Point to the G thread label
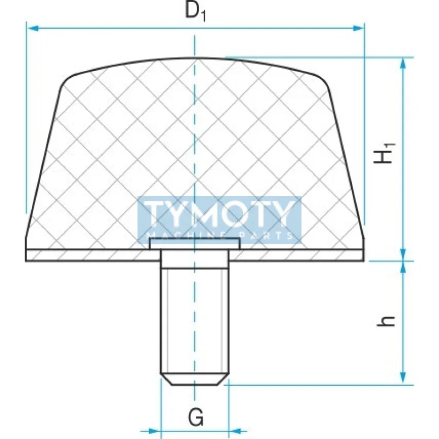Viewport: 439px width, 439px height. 195,418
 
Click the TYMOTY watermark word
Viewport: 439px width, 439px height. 219,215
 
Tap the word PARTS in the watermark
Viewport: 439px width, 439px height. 269,235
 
